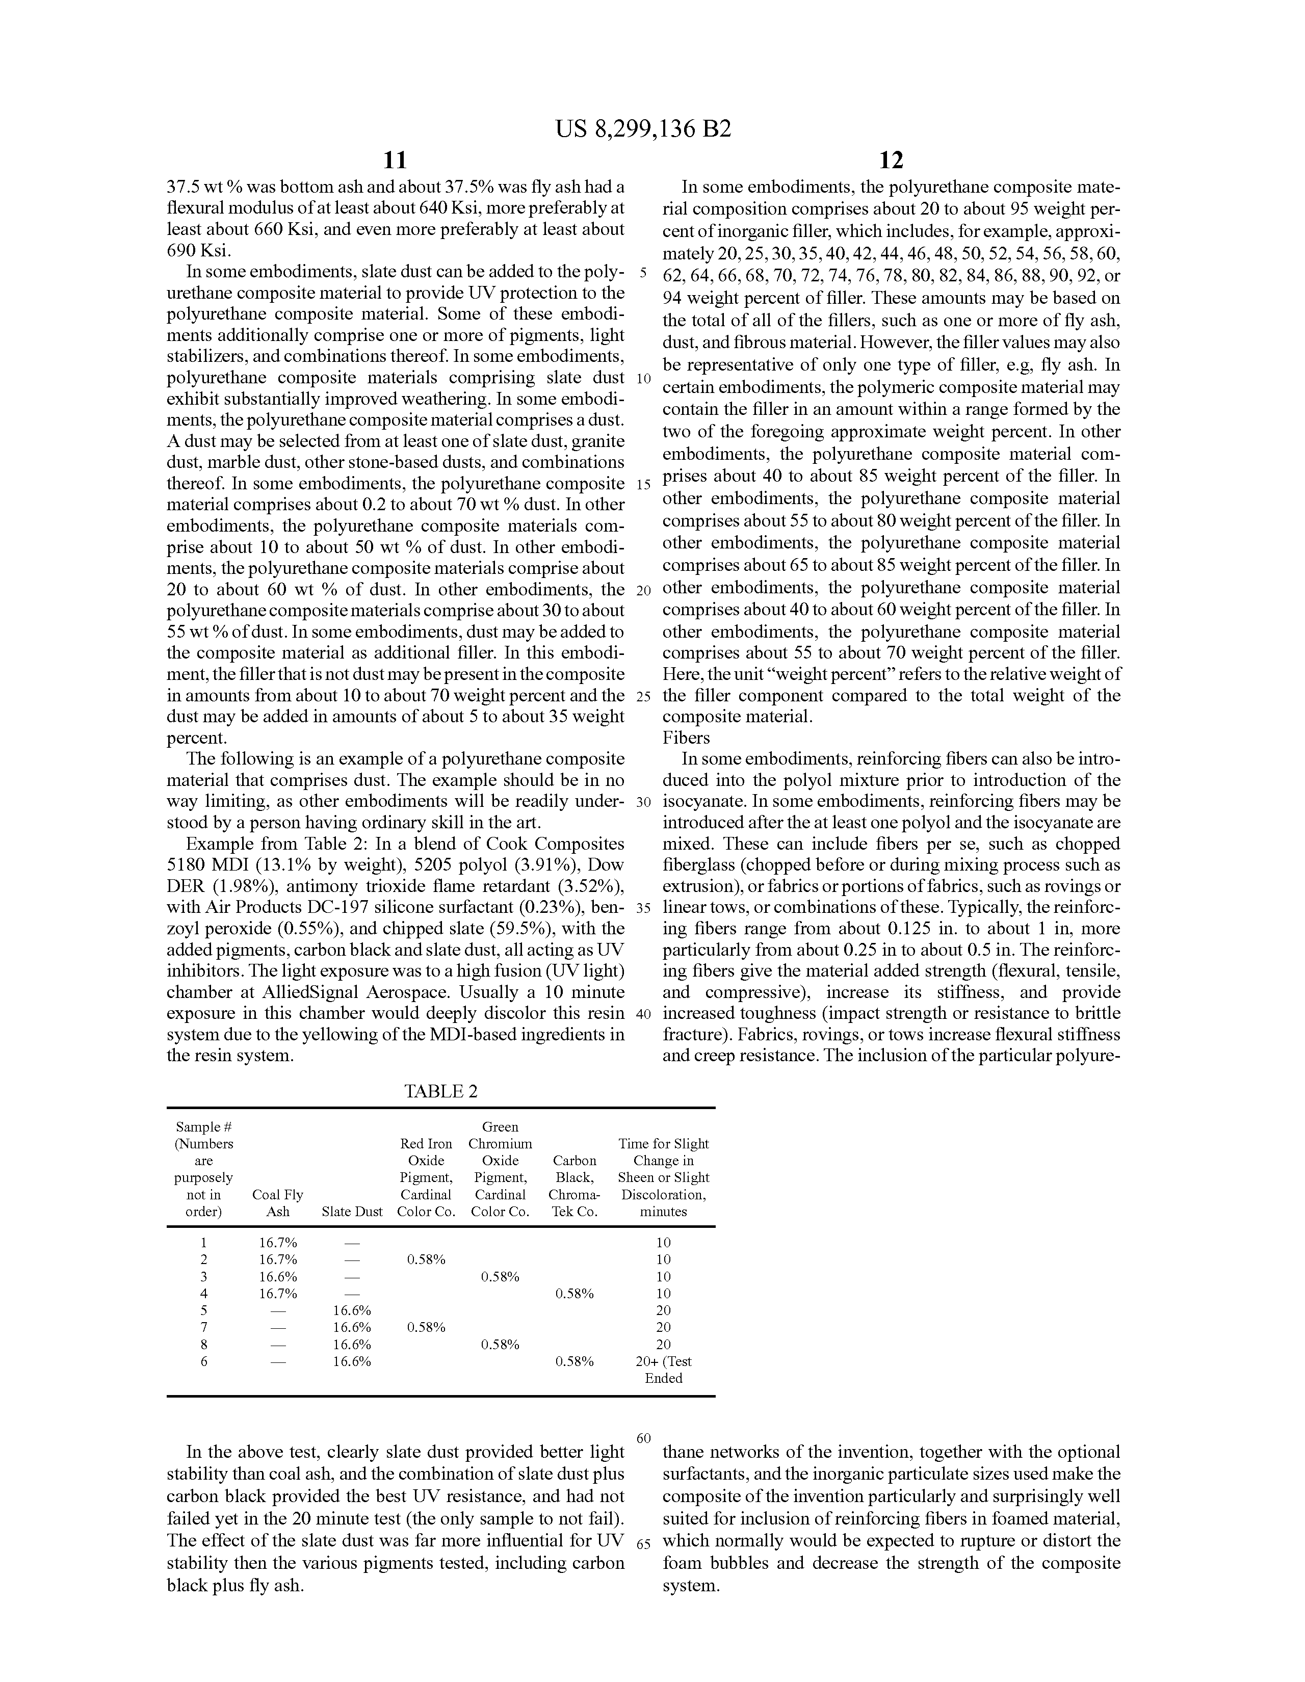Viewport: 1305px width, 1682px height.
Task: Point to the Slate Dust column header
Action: [x=352, y=1212]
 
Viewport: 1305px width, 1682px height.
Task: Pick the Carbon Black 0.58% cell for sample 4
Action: [x=574, y=1293]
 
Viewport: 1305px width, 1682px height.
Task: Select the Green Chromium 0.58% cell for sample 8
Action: [x=500, y=1344]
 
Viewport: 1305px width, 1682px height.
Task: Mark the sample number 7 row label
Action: [x=204, y=1327]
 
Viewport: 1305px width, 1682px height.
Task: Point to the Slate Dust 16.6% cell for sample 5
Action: [x=352, y=1310]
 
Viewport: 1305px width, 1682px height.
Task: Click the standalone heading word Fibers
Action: [x=686, y=738]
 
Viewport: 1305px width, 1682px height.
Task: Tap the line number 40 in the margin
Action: [x=643, y=1013]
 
